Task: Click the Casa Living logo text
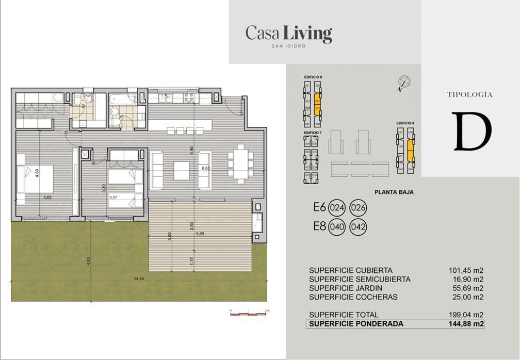[288, 34]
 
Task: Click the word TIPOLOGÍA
[469, 95]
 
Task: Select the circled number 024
[337, 208]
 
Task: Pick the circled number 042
[359, 226]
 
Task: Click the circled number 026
[359, 208]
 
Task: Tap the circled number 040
[337, 226]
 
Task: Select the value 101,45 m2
[466, 270]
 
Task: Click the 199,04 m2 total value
[466, 315]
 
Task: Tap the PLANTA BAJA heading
[394, 192]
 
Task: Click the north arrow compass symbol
[404, 82]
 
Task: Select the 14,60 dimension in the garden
[139, 279]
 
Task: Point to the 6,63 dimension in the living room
[205, 168]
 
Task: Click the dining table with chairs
[240, 163]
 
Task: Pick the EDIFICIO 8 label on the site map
[405, 123]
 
